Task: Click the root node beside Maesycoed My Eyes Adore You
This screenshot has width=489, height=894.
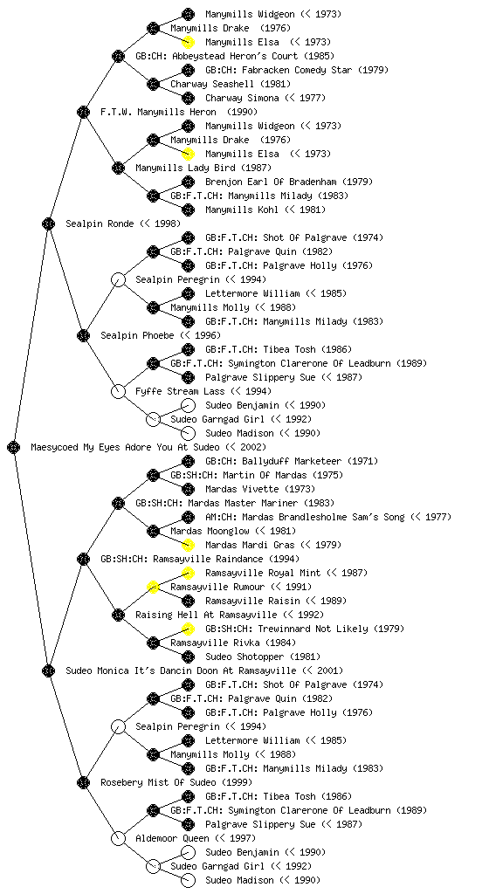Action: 14,447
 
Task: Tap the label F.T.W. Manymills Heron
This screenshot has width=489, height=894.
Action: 158,112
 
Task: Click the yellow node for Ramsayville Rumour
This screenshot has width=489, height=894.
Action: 153,587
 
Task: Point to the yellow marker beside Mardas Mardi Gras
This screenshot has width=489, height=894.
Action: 188,545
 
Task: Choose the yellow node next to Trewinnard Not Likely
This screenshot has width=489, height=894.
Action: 188,629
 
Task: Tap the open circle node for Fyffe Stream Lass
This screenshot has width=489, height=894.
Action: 118,391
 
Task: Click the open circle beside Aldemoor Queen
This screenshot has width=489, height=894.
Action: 118,838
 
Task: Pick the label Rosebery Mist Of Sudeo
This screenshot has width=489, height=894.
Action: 158,782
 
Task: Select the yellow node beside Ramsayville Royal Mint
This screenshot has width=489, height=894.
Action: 188,573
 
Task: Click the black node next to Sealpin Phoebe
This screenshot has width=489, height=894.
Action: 83,335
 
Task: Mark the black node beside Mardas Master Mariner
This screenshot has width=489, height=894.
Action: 118,503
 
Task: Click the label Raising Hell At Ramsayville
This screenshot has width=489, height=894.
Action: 206,615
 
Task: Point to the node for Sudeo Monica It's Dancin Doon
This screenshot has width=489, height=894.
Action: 48,670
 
